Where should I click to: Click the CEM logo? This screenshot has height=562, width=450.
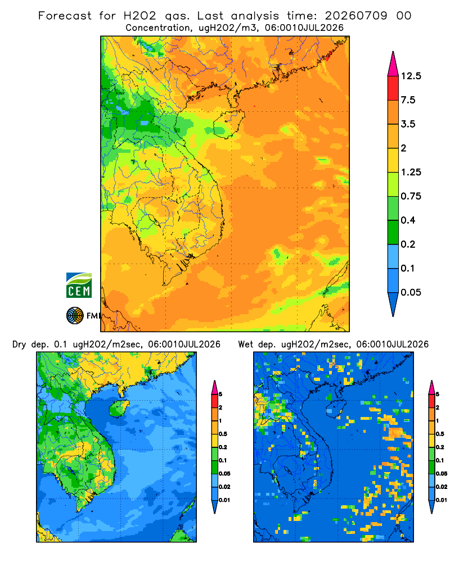79,285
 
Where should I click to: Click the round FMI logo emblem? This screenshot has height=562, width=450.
75,316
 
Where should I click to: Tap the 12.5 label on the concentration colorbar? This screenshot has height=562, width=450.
411,76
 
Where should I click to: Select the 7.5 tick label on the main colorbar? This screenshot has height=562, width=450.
408,100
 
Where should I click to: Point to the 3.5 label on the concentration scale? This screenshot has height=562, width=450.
408,124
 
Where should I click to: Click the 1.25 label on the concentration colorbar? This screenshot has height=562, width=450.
411,172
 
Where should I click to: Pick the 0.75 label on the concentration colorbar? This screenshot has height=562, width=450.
411,196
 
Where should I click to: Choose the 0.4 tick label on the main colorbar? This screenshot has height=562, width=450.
408,220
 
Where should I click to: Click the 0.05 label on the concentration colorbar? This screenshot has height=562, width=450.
411,292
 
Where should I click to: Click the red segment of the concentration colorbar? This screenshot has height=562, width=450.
393,88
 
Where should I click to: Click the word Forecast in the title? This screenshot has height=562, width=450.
65,16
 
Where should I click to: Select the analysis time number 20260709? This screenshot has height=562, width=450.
356,16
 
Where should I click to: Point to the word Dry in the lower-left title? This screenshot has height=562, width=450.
19,345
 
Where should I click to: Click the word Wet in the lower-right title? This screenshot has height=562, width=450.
245,345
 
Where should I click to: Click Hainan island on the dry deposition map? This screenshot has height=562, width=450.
119,408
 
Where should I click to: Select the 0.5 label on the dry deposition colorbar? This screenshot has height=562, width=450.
223,434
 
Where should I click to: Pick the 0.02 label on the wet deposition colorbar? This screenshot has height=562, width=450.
442,486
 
